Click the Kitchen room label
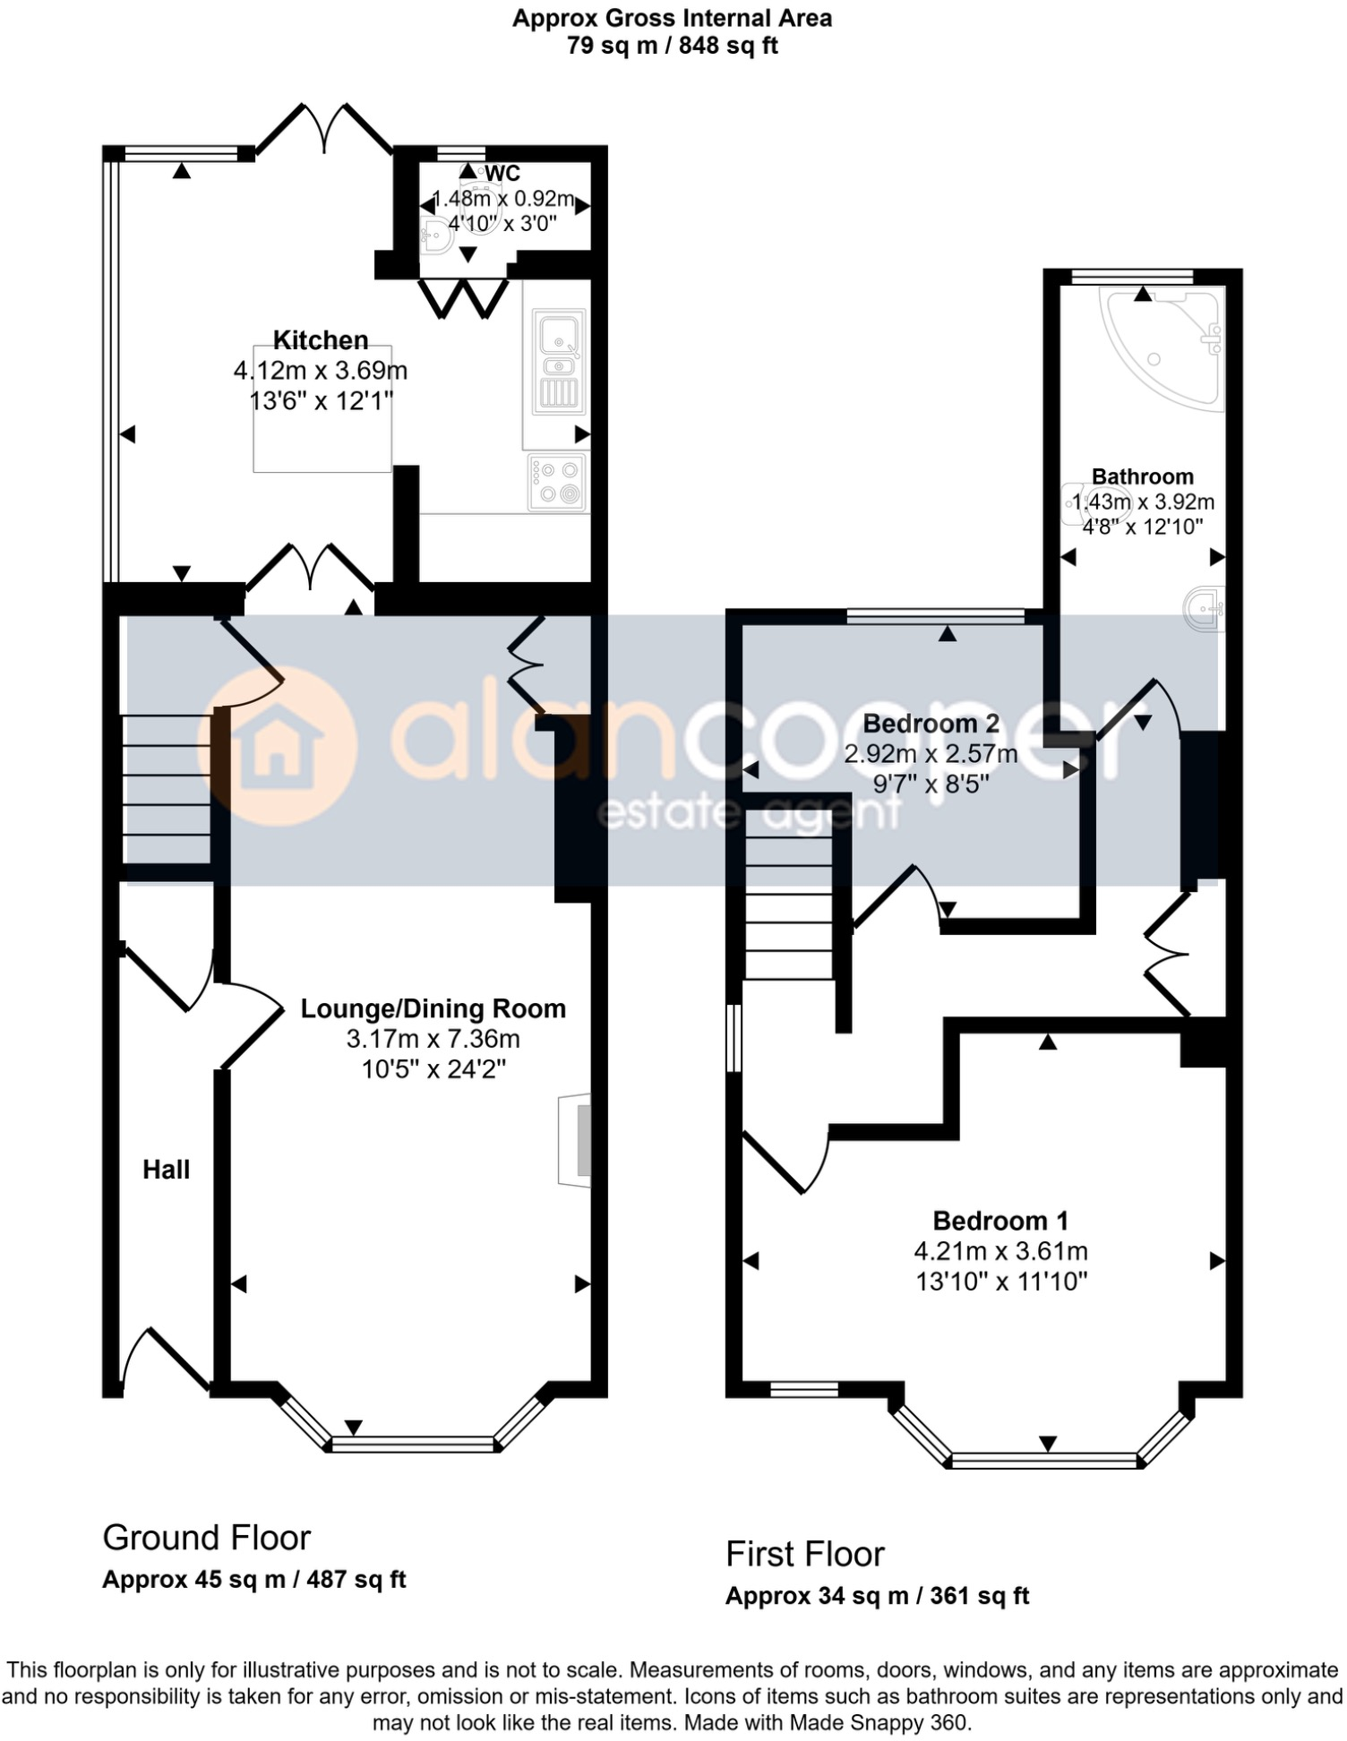tap(321, 340)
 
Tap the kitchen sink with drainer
tap(559, 363)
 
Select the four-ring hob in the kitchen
tap(557, 483)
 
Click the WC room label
tap(502, 174)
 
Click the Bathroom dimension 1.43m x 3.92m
tap(1143, 502)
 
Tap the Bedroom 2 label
tap(931, 724)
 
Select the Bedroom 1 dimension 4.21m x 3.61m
tap(1000, 1251)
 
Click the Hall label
tap(167, 1170)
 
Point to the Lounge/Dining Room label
tap(433, 1009)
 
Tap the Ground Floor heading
tap(206, 1538)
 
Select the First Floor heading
tap(804, 1554)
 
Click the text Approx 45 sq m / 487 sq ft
tap(254, 1579)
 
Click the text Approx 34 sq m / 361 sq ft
tap(877, 1596)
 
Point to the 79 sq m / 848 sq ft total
tap(672, 46)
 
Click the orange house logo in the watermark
tap(276, 746)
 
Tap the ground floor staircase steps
tap(167, 788)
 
